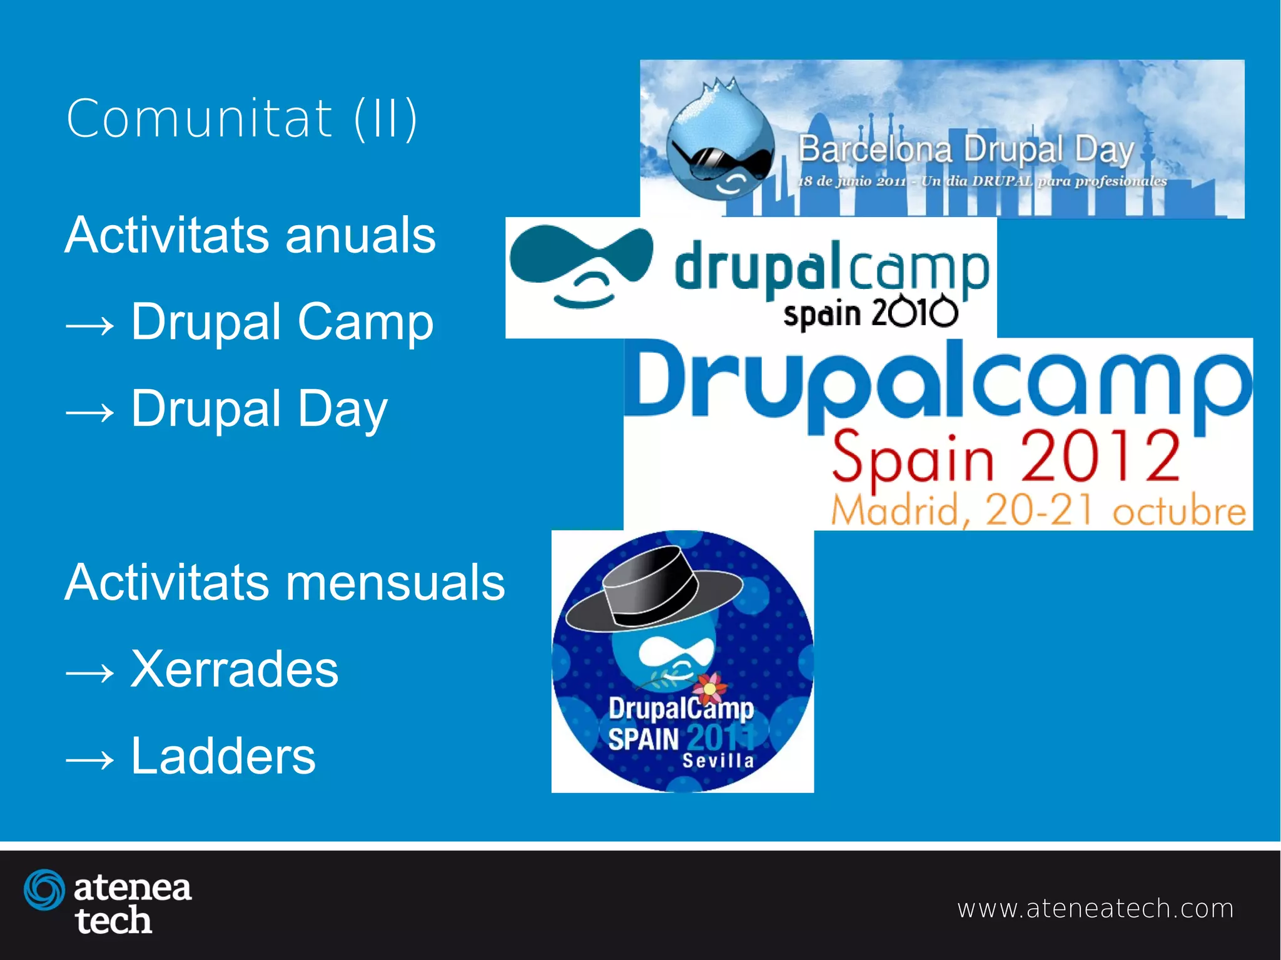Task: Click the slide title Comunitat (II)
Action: point(241,118)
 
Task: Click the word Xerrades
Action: point(235,669)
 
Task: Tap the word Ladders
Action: point(223,755)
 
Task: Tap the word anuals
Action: point(360,235)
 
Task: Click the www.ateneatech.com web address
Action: point(1095,908)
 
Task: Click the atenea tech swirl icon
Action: point(44,889)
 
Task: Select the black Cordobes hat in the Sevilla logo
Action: point(654,588)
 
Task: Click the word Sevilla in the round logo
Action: point(718,761)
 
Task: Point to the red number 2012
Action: point(1100,457)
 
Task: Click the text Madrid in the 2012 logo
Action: point(896,510)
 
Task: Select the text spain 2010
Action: point(869,313)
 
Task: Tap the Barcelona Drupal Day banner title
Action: point(965,149)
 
